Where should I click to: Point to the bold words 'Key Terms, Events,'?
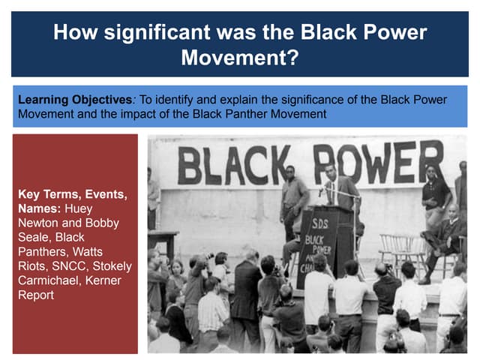(72, 194)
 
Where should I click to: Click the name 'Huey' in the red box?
(79, 209)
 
